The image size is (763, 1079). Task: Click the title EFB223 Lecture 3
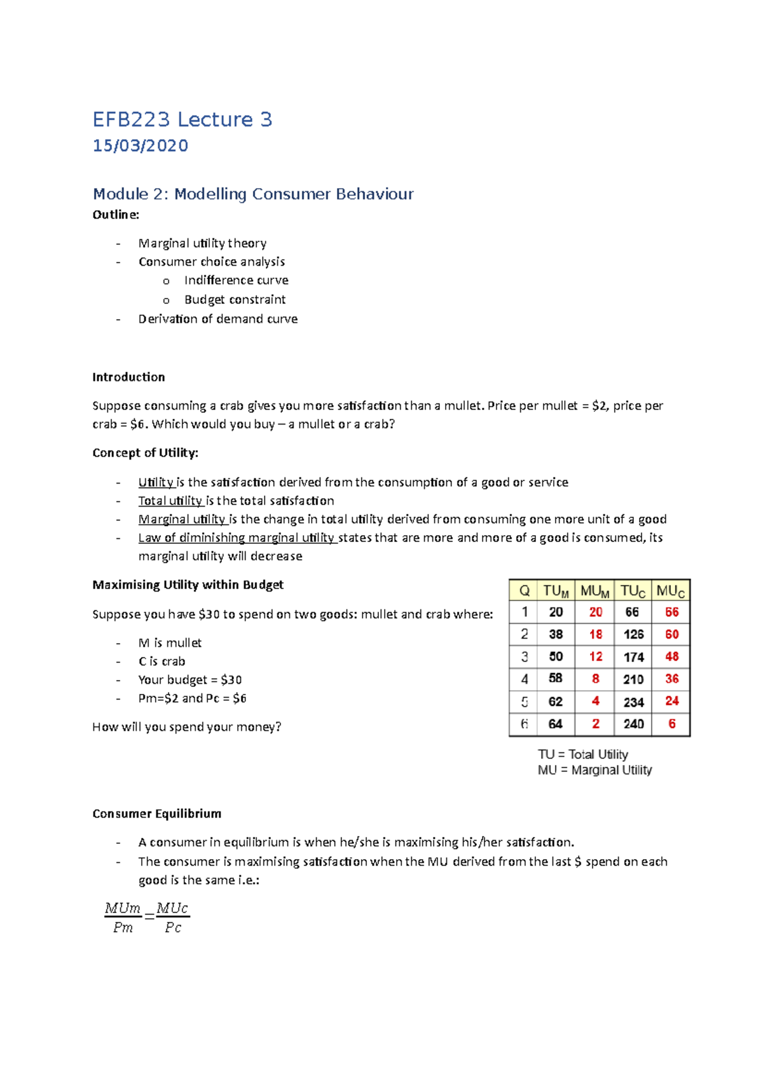coord(182,119)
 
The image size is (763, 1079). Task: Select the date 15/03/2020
coord(140,146)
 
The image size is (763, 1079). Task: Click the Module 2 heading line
coord(252,194)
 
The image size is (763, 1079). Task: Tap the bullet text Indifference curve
coord(236,280)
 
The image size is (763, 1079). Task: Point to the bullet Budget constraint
coord(235,299)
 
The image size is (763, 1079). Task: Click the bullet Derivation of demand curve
coord(217,319)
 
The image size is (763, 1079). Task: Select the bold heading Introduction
coord(128,377)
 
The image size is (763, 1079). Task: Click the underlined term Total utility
coord(170,501)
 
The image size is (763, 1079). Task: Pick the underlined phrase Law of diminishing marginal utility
coord(237,538)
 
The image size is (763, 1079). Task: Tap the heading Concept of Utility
coord(145,452)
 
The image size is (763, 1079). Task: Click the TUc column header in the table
coord(633,591)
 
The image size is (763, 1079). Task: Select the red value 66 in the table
coord(671,612)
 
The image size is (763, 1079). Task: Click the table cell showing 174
coord(633,657)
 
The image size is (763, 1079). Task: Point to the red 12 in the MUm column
coord(595,656)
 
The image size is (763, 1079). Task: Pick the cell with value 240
coord(633,724)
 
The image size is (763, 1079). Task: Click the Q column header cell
coord(524,591)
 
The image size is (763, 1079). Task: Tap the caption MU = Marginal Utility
coord(595,770)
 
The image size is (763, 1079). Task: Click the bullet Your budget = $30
coord(189,680)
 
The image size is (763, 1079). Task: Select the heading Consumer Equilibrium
coord(156,813)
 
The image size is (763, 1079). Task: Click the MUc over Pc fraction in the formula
coord(172,918)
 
